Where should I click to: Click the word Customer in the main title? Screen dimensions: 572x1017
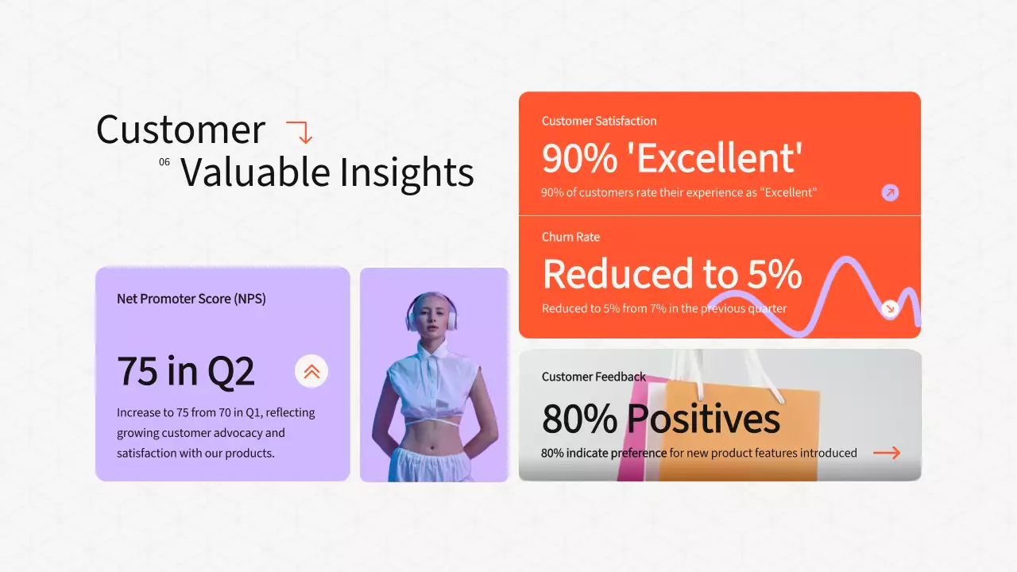click(180, 129)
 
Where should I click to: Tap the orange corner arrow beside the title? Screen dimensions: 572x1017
click(300, 132)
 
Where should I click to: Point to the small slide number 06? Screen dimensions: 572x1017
click(164, 162)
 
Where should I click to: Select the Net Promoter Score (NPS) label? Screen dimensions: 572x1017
click(191, 299)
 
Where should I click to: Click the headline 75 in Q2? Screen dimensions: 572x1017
click(186, 371)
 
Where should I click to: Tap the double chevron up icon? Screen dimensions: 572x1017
click(311, 371)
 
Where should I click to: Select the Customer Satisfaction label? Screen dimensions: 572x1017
click(598, 121)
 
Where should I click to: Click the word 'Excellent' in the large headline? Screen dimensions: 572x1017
click(720, 158)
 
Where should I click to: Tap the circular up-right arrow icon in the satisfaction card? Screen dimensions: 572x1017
click(890, 192)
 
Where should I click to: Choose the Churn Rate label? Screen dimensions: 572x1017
click(570, 237)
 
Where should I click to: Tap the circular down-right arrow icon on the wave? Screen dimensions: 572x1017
click(890, 308)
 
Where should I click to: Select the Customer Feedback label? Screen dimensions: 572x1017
click(594, 377)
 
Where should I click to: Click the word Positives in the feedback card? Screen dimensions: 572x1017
click(702, 419)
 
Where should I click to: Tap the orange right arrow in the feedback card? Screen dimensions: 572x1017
click(887, 453)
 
